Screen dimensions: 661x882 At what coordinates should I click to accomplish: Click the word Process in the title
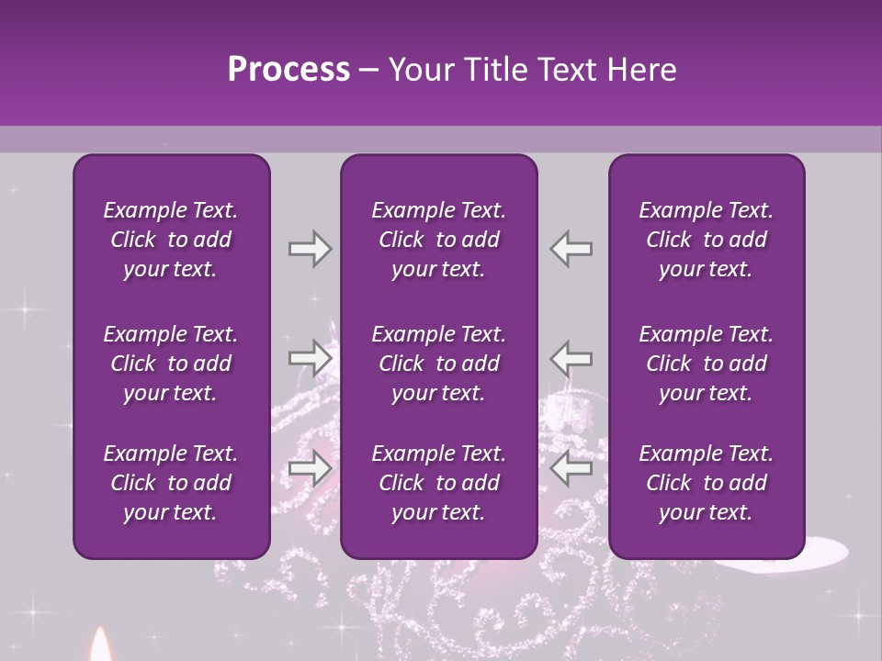pyautogui.click(x=288, y=70)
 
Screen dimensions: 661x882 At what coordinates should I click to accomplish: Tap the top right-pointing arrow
pyautogui.click(x=310, y=249)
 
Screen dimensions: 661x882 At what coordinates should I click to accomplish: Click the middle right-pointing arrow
pyautogui.click(x=310, y=357)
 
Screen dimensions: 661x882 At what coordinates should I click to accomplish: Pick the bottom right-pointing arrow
pyautogui.click(x=310, y=469)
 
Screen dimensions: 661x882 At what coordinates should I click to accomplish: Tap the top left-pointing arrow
pyautogui.click(x=571, y=249)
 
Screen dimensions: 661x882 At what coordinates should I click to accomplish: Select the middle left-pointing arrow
pyautogui.click(x=571, y=357)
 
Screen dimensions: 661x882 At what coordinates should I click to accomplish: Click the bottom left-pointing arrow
pyautogui.click(x=571, y=469)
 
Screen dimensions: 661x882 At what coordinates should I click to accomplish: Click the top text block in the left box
pyautogui.click(x=171, y=240)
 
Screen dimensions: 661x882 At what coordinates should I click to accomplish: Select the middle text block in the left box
pyautogui.click(x=171, y=364)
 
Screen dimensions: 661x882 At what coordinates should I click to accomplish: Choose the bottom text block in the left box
pyautogui.click(x=171, y=483)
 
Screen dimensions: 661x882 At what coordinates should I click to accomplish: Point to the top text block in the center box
pyautogui.click(x=438, y=240)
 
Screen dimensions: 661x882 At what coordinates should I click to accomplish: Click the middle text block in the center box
pyautogui.click(x=438, y=364)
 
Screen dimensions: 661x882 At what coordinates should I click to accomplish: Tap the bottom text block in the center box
pyautogui.click(x=438, y=483)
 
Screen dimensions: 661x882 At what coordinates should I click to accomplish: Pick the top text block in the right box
pyautogui.click(x=706, y=240)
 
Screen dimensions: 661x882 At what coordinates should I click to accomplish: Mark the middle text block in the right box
pyautogui.click(x=706, y=364)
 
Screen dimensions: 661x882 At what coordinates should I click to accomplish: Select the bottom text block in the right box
pyautogui.click(x=706, y=483)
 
